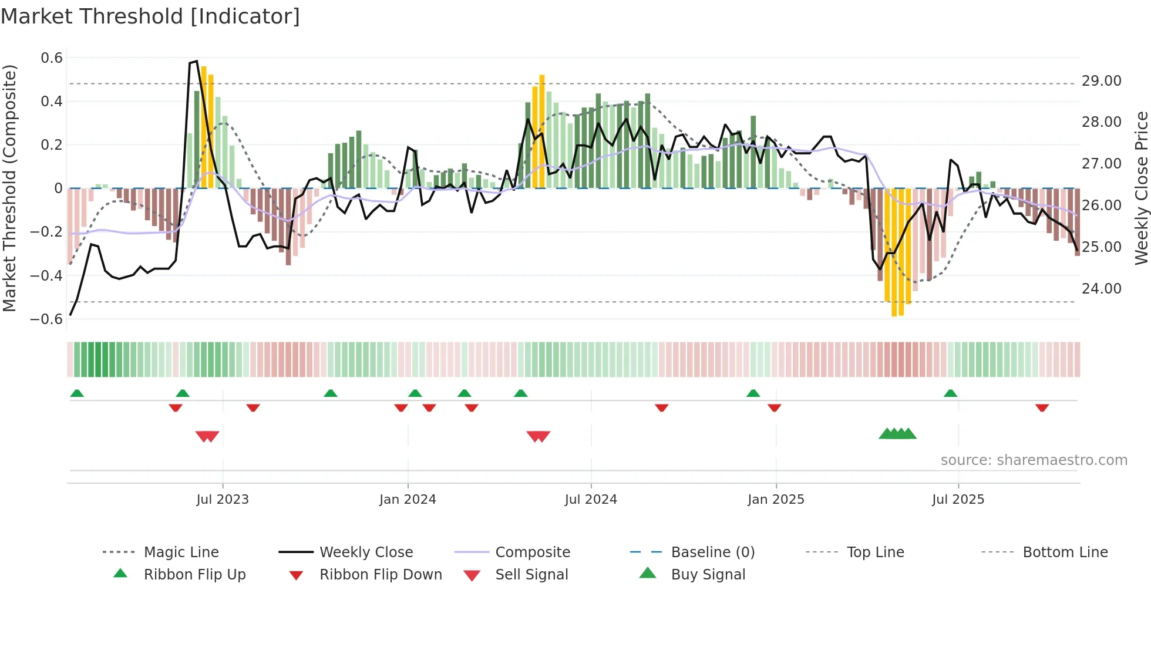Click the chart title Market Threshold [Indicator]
150,16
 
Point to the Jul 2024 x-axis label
591,500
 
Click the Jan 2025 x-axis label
776,500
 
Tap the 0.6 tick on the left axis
52,58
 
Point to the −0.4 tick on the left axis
46,275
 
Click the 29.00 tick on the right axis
1101,81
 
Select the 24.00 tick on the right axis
1101,289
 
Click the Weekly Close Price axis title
1141,188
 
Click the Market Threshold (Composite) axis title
9,188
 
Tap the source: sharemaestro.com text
1034,460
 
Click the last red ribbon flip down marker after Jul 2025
1042,407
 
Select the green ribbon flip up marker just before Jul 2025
951,393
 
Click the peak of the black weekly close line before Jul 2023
196,61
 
